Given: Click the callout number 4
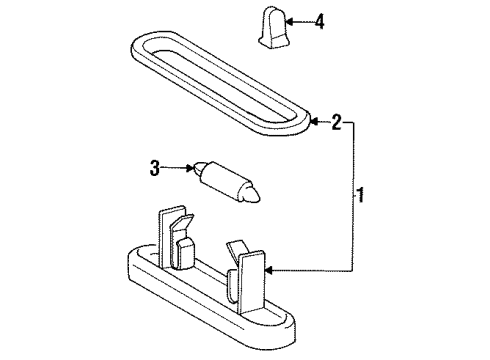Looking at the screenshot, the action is pyautogui.click(x=319, y=22).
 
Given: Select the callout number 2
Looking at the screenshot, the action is pyautogui.click(x=336, y=122).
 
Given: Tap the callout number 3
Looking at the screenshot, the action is pyautogui.click(x=154, y=168).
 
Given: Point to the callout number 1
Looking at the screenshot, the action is pyautogui.click(x=361, y=195).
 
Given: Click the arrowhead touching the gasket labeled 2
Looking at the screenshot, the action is pyautogui.click(x=315, y=122).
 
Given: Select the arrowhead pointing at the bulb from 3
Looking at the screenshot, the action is pyautogui.click(x=190, y=168).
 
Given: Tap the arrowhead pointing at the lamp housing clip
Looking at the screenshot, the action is pyautogui.click(x=269, y=271).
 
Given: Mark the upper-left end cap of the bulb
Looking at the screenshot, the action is pyautogui.click(x=198, y=168).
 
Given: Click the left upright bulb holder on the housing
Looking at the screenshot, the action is pyautogui.click(x=176, y=237).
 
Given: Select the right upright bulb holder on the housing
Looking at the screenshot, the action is pyautogui.click(x=247, y=277).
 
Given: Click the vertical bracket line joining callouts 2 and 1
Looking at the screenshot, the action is pyautogui.click(x=353, y=197).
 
